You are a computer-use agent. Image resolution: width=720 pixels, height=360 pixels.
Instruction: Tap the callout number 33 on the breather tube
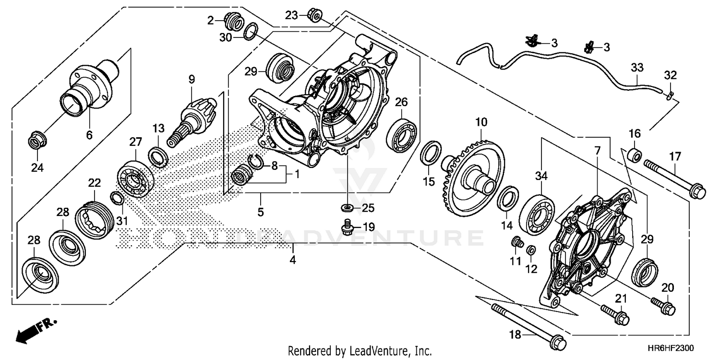pyautogui.click(x=636, y=68)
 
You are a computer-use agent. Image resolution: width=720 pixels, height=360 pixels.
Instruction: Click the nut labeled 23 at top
pyautogui.click(x=315, y=15)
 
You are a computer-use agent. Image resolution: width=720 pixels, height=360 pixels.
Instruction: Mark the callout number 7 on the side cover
pyautogui.click(x=597, y=150)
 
